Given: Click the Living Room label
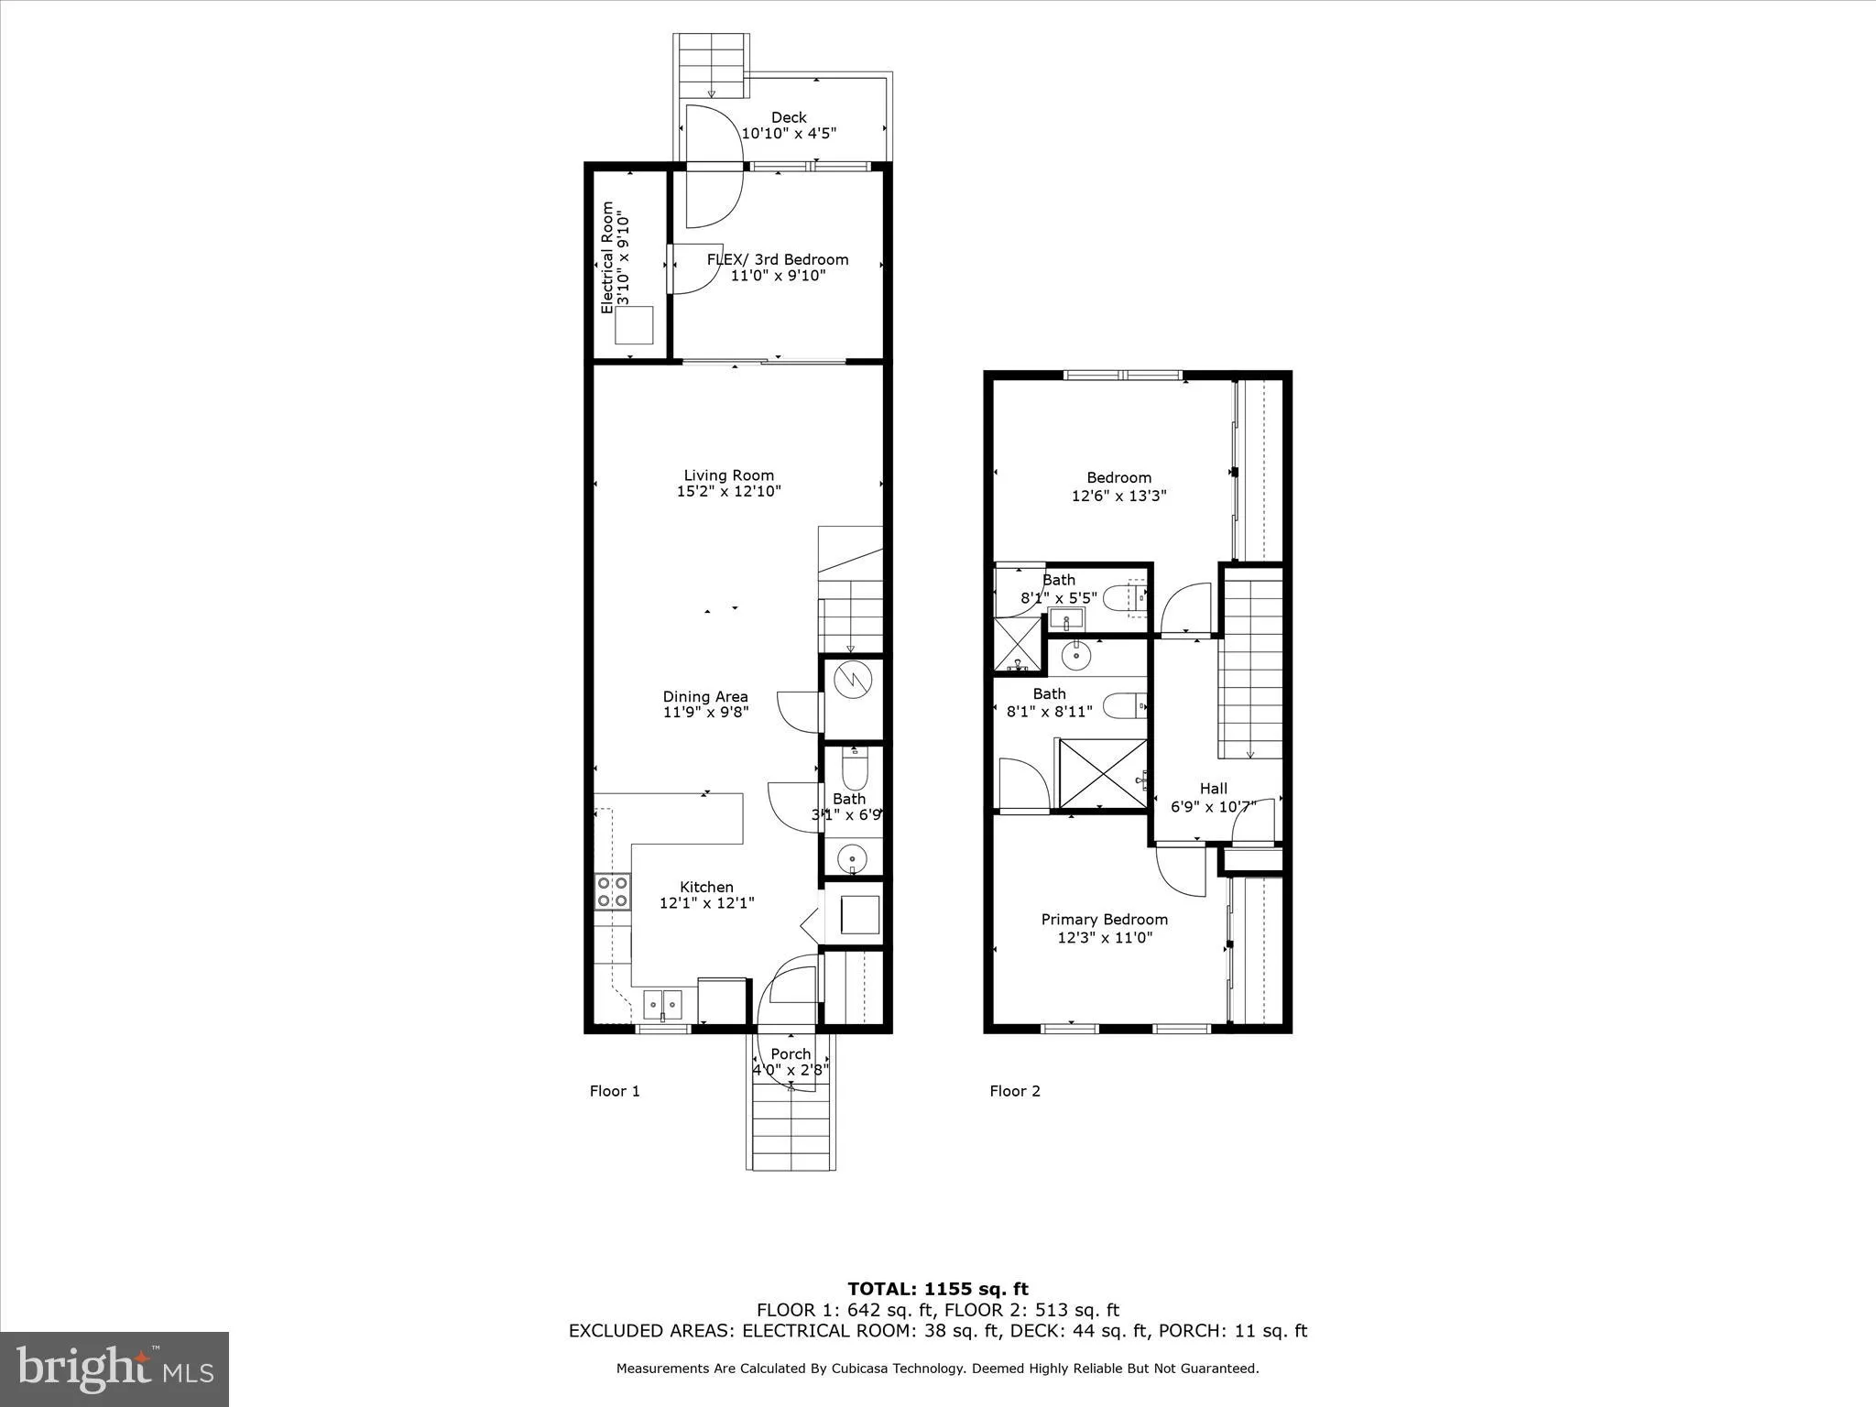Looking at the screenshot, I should point(728,474).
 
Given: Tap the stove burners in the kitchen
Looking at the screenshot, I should point(613,891).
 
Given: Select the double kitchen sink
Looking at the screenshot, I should point(662,1005).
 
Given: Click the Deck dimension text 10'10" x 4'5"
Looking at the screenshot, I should point(788,134).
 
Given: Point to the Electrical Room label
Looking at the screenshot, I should point(606,258).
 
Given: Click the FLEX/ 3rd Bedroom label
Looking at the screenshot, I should point(777,259).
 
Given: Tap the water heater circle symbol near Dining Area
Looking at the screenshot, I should point(852,681).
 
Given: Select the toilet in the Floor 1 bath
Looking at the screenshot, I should point(853,769).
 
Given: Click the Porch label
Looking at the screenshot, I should point(790,1053).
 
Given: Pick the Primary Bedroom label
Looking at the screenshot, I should point(1104,919).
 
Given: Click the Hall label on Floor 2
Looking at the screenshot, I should point(1213,788).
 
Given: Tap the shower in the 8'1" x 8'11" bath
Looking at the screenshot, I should point(1103,774).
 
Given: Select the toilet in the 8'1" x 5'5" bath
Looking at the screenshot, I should point(1123,599).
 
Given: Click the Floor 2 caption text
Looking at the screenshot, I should point(1014,1091).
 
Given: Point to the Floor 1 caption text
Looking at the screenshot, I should point(614,1091).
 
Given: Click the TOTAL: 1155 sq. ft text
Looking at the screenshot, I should point(937,1289).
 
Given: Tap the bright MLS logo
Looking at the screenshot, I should point(115,1369).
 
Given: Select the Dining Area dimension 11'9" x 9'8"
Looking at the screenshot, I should point(705,712).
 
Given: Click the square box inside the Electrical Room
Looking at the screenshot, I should point(634,325).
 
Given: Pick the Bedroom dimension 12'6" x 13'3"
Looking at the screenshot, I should point(1118,496).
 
